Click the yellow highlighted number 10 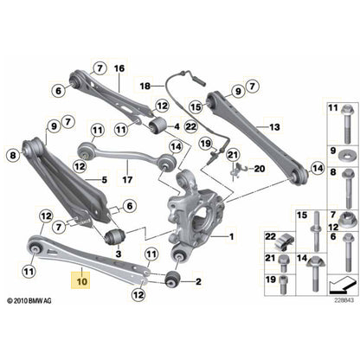[82, 281]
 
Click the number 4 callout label [104, 180]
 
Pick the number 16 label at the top [119, 68]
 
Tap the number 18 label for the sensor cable [146, 87]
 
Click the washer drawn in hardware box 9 [335, 155]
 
